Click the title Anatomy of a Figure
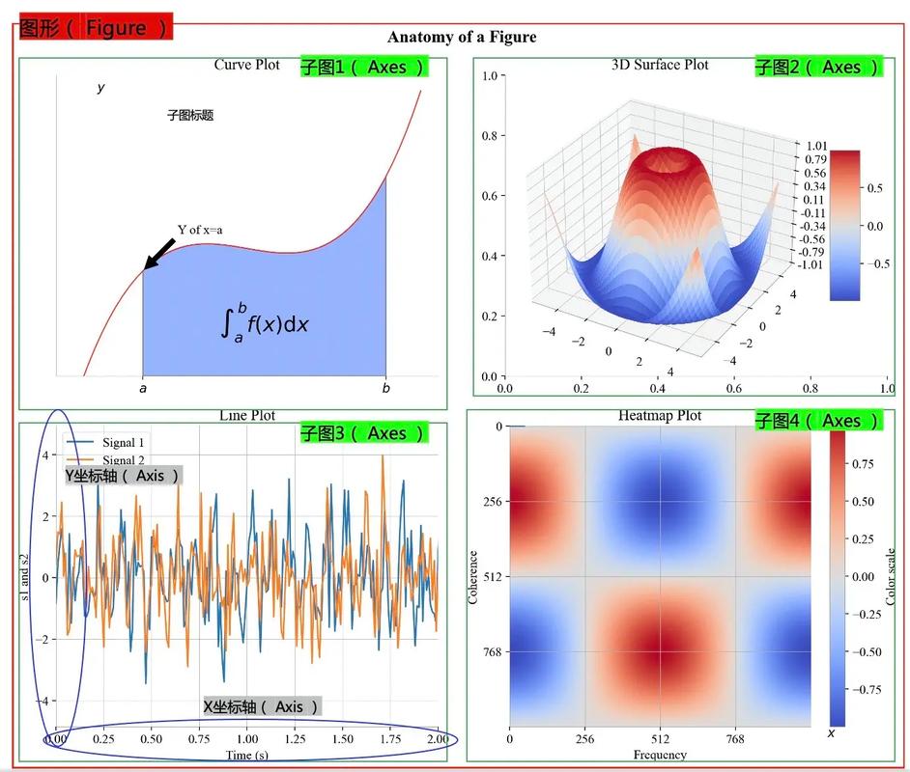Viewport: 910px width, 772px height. pos(462,38)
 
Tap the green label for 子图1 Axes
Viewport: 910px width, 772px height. pos(362,68)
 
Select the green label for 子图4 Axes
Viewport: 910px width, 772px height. pos(817,421)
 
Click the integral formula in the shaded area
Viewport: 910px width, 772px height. pos(265,321)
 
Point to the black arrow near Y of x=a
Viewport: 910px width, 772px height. pos(159,254)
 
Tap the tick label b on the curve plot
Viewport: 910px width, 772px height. pos(385,389)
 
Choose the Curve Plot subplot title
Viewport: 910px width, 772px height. pos(246,65)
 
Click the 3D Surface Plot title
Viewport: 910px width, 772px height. pos(660,65)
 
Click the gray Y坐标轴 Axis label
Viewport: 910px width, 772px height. pos(124,476)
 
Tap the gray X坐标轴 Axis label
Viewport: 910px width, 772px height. pos(262,706)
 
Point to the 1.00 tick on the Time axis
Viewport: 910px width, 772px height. pos(248,738)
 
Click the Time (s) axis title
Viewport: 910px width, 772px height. pos(247,755)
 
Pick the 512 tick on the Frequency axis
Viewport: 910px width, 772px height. pos(660,738)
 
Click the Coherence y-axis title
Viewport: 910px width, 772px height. pos(473,577)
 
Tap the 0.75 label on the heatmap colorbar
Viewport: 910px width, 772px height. pos(865,464)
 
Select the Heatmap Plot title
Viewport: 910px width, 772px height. pos(660,416)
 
